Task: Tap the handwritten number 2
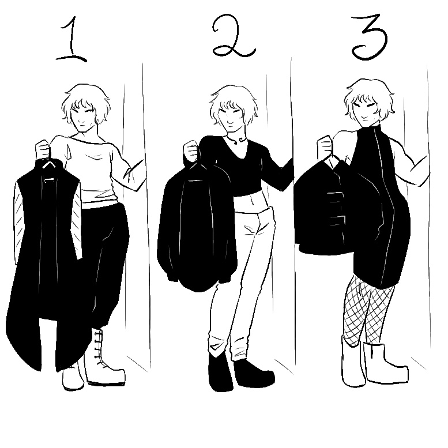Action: tap(233, 36)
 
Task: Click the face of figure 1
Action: tap(84, 116)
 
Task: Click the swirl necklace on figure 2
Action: tap(237, 140)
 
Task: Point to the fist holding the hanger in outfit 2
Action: tap(191, 150)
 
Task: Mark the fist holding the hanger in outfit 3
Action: tap(325, 146)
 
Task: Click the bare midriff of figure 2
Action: tap(251, 201)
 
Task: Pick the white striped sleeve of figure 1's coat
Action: tap(19, 223)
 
